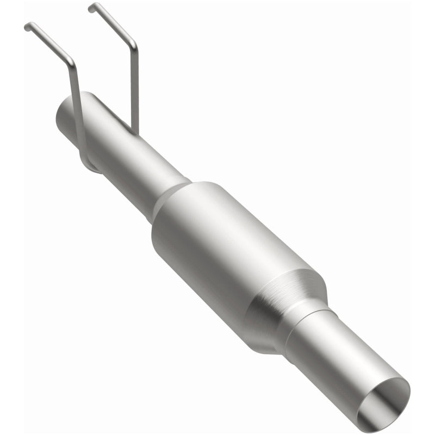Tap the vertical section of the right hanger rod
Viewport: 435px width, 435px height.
[x=135, y=87]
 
